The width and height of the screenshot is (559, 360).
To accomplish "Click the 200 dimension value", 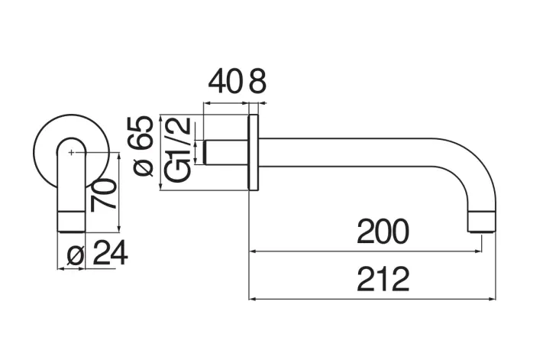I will pyautogui.click(x=383, y=232).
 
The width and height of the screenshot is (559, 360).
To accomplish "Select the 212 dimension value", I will pyautogui.click(x=383, y=280).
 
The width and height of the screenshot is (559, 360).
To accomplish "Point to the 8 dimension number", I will pyautogui.click(x=257, y=82).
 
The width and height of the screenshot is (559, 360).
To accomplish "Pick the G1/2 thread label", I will pyautogui.click(x=177, y=151).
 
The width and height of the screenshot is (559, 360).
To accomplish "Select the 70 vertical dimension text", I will pyautogui.click(x=105, y=194).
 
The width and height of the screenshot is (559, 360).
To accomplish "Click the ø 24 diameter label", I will pyautogui.click(x=95, y=255).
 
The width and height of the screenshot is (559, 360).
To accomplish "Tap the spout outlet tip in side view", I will pyautogui.click(x=482, y=224).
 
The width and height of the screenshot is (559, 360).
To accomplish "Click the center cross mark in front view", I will pyautogui.click(x=71, y=153).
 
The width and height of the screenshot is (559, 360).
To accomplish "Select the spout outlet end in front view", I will pyautogui.click(x=71, y=222).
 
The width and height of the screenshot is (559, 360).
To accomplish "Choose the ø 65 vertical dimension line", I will pyautogui.click(x=160, y=153).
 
